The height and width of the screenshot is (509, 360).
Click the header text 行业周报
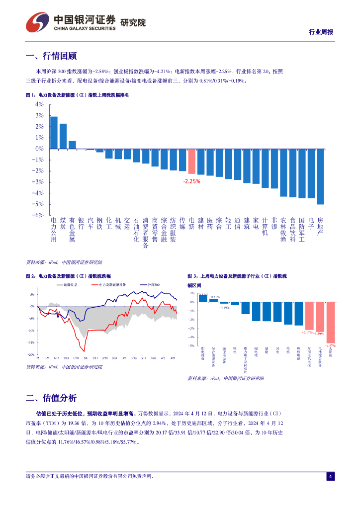321,32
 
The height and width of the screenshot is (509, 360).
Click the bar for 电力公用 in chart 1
54,133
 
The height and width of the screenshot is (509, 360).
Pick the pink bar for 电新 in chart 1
191,161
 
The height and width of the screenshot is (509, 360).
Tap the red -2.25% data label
191,181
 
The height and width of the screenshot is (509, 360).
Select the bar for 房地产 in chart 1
320,176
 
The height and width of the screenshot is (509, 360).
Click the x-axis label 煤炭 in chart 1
63,223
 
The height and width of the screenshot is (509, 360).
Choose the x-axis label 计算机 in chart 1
265,226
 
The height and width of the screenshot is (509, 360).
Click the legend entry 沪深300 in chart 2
153,285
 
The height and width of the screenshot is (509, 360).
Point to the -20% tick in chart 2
30,354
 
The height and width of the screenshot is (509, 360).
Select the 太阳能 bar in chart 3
330,322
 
